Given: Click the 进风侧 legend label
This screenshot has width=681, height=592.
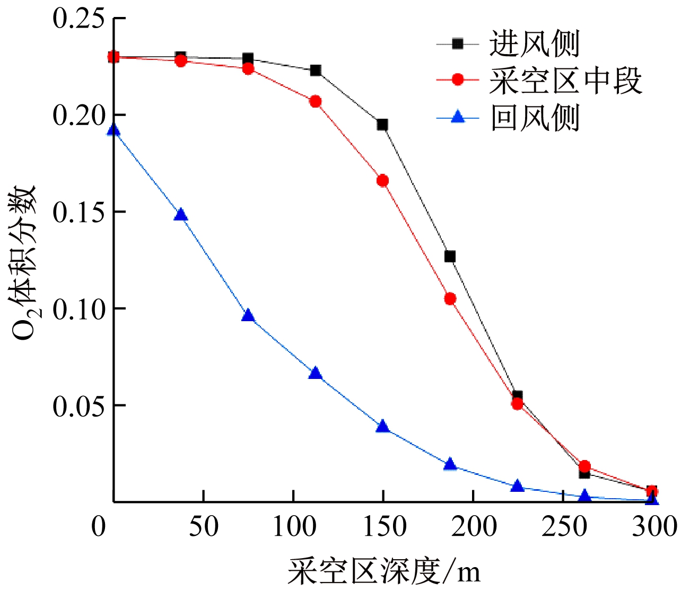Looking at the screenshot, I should pyautogui.click(x=534, y=43).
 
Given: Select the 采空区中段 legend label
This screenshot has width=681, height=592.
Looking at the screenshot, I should pyautogui.click(x=565, y=81).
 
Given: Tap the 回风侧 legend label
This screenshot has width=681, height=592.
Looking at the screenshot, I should pyautogui.click(x=534, y=118).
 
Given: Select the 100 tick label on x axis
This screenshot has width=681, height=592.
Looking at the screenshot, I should pyautogui.click(x=293, y=527).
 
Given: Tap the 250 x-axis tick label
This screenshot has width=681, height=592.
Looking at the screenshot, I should pyautogui.click(x=564, y=527).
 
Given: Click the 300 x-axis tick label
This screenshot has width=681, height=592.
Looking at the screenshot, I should pyautogui.click(x=654, y=527).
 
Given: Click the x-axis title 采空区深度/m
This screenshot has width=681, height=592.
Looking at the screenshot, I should pyautogui.click(x=385, y=571).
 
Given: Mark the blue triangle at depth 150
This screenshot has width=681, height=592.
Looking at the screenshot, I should pyautogui.click(x=382, y=427).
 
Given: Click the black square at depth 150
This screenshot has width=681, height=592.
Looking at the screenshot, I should pyautogui.click(x=382, y=125).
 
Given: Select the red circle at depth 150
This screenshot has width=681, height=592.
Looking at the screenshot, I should pyautogui.click(x=382, y=181).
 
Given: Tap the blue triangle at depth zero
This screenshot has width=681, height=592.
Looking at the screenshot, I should pyautogui.click(x=113, y=130).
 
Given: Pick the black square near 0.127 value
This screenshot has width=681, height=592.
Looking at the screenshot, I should pyautogui.click(x=450, y=257).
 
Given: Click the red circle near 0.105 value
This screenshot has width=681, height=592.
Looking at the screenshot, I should pyautogui.click(x=450, y=299).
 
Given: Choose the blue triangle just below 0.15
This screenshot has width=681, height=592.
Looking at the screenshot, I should pyautogui.click(x=181, y=215).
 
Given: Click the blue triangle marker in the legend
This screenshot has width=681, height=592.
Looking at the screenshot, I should pyautogui.click(x=457, y=117).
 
